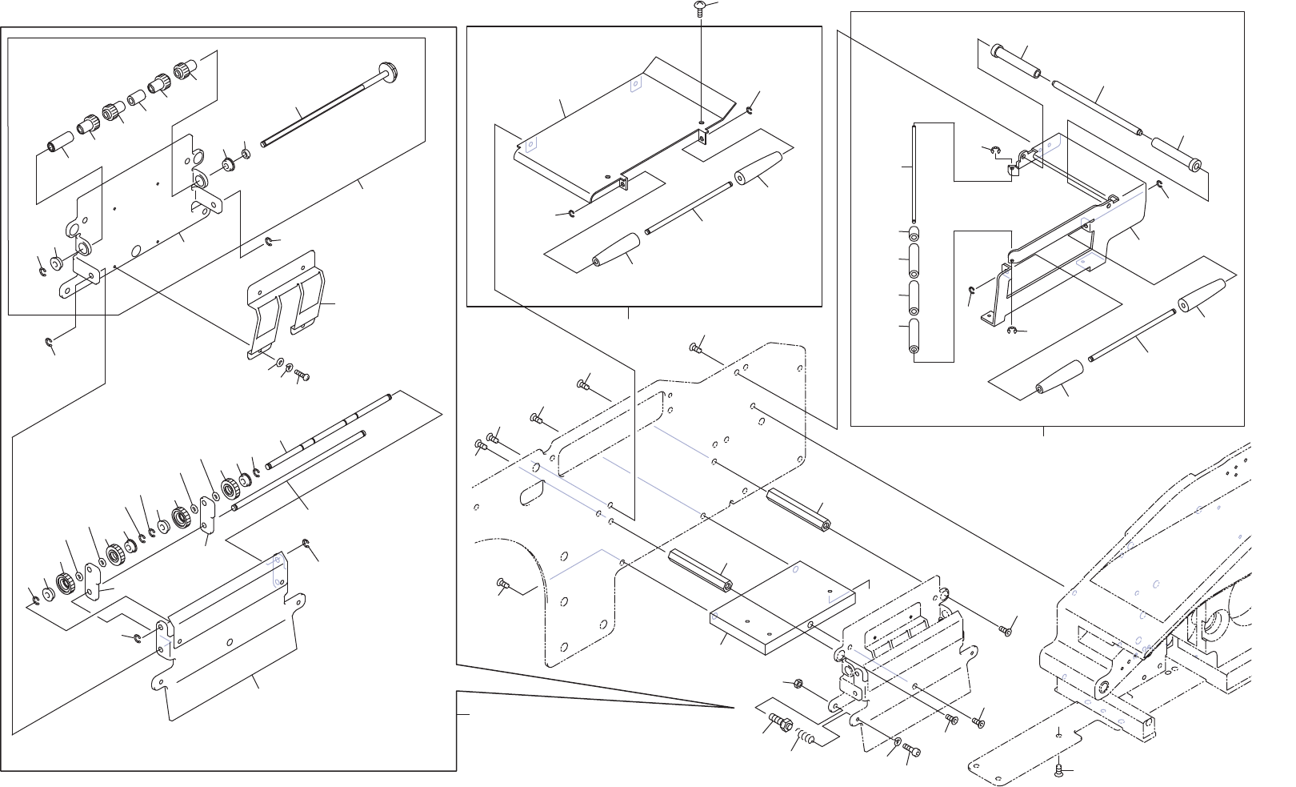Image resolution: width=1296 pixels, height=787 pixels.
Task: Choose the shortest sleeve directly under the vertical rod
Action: click(x=914, y=234)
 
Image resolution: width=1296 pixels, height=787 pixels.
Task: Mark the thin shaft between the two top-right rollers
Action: click(x=1097, y=111)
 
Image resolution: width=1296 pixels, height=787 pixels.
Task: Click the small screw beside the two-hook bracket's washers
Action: click(x=302, y=374)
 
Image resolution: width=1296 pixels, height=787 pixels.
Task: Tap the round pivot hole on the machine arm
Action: click(x=1103, y=687)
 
